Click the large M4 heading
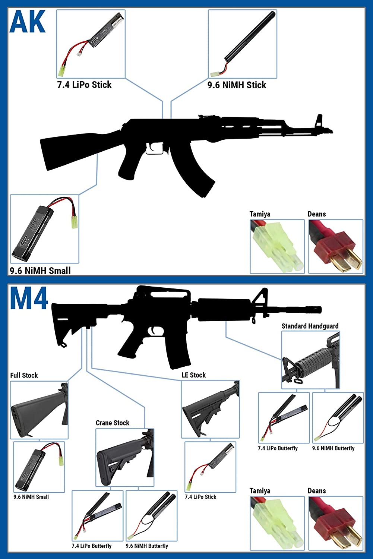(x=29, y=298)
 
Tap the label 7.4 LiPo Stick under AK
(x=84, y=85)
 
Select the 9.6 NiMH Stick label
(x=237, y=85)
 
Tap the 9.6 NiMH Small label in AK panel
(x=40, y=271)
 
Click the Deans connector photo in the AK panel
(x=336, y=247)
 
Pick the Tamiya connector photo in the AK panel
(x=277, y=247)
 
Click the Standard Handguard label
(x=310, y=326)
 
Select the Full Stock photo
(x=39, y=410)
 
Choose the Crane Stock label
(x=113, y=423)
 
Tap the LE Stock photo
(x=210, y=410)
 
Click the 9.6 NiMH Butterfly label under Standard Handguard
(x=333, y=448)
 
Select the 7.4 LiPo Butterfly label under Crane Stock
(x=92, y=546)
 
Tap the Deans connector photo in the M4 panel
(x=336, y=523)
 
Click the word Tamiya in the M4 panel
(x=260, y=491)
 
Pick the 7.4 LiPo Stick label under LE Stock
(x=200, y=497)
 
